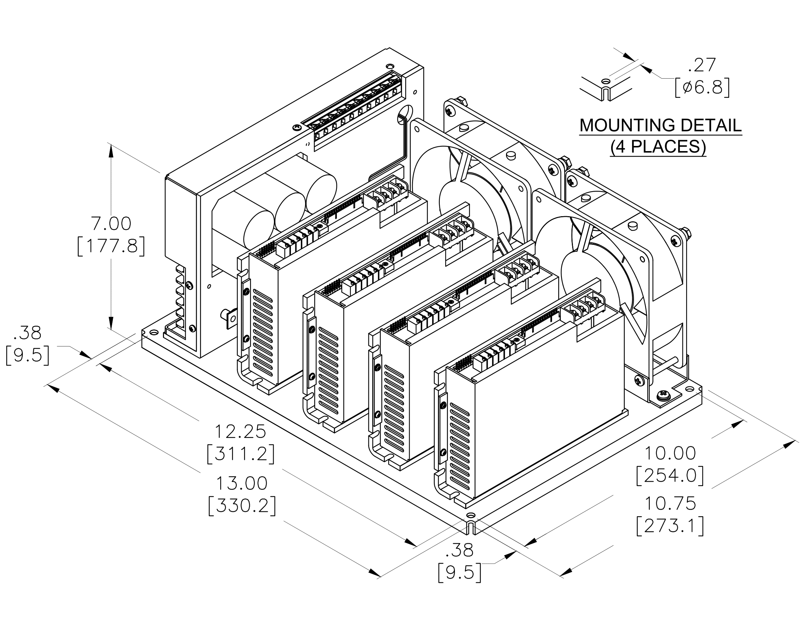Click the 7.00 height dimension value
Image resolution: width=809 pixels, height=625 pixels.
pyautogui.click(x=111, y=224)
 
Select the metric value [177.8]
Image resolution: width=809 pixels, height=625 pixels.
pyautogui.click(x=111, y=247)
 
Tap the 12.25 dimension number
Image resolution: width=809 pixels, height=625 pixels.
pyautogui.click(x=240, y=432)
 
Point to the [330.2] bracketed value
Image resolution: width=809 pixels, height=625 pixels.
pyautogui.click(x=242, y=506)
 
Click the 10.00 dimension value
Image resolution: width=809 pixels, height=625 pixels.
pyautogui.click(x=670, y=454)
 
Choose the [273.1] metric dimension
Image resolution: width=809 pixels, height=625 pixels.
pyautogui.click(x=670, y=526)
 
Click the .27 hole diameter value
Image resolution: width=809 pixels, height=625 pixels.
pyautogui.click(x=702, y=65)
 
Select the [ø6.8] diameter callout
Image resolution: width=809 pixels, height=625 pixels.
pyautogui.click(x=702, y=88)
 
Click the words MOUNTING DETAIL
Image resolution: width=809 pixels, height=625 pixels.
pyautogui.click(x=660, y=125)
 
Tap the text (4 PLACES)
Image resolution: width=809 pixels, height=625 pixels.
pyautogui.click(x=658, y=147)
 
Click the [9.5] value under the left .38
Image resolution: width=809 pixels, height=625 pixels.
pyautogui.click(x=28, y=356)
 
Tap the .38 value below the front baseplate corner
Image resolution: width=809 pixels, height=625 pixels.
pyautogui.click(x=459, y=551)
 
